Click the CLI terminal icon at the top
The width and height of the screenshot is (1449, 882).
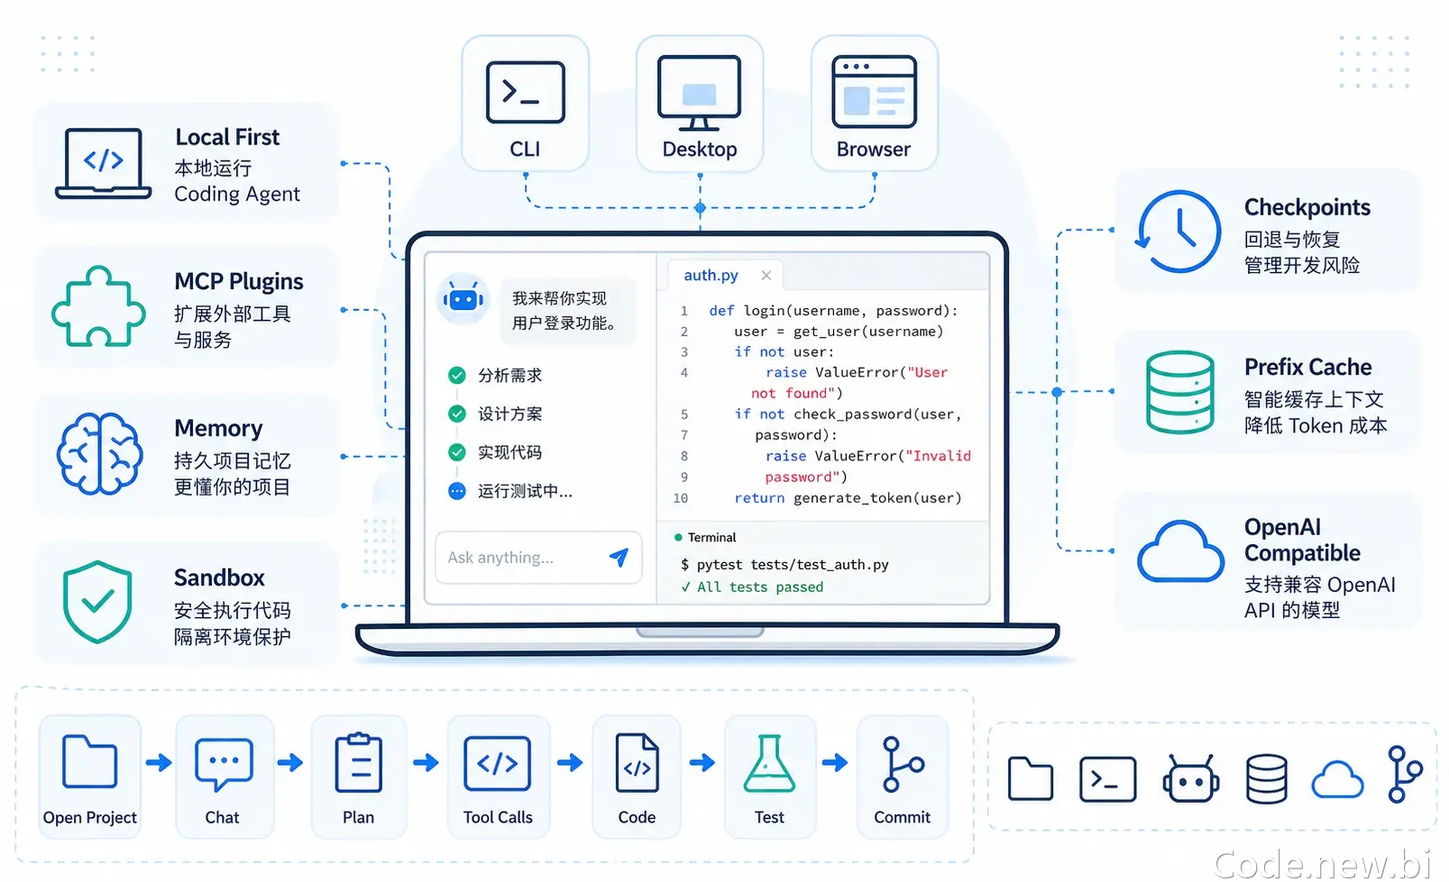click(x=525, y=92)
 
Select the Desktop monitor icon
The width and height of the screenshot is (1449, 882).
click(x=700, y=93)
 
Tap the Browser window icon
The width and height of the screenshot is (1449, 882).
click(x=874, y=92)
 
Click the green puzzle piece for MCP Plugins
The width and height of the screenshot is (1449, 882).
click(x=98, y=306)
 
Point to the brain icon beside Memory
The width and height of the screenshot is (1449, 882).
click(x=99, y=453)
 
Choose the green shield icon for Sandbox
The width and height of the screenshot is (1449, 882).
click(x=97, y=602)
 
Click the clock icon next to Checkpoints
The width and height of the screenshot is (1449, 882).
click(x=1178, y=231)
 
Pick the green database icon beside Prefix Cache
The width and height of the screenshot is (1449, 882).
click(x=1179, y=392)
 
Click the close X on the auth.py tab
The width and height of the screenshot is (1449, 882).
click(x=766, y=276)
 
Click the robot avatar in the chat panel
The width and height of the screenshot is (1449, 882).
click(x=463, y=299)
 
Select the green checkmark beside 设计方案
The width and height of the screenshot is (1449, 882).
click(x=456, y=414)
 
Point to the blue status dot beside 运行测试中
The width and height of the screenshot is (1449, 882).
click(x=456, y=491)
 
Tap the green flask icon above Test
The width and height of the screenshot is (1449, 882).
click(x=769, y=763)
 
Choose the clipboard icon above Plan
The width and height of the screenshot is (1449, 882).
click(x=358, y=762)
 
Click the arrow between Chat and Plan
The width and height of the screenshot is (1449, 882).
click(x=290, y=762)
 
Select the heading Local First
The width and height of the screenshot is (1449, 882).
click(x=227, y=137)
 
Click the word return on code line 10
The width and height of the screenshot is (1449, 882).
click(x=759, y=497)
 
